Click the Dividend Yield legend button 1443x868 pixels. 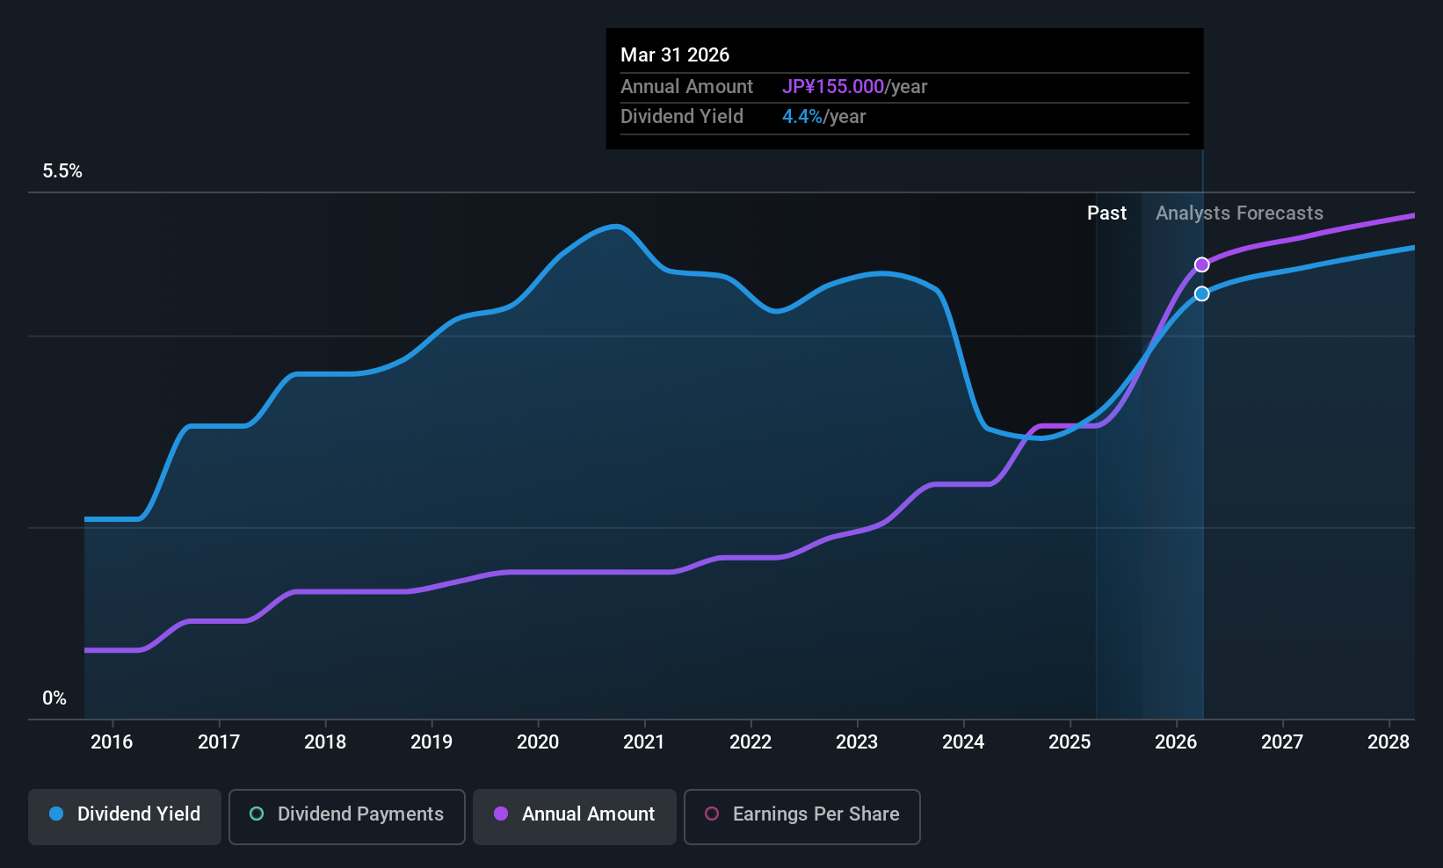125,814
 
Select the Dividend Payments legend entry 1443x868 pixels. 347,814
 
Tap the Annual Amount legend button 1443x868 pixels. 575,814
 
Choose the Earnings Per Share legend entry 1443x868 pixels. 801,814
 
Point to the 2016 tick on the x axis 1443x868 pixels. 112,742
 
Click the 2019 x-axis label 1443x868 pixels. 431,742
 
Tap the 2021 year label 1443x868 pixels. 644,742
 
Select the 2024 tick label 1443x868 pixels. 963,742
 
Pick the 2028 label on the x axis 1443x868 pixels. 1389,742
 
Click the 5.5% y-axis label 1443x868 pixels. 62,171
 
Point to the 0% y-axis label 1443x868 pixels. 54,698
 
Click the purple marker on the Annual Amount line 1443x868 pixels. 1201,265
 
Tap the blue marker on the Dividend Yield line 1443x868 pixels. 1201,293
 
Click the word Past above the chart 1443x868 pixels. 1106,213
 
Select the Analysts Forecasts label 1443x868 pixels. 1239,213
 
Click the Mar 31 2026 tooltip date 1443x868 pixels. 675,55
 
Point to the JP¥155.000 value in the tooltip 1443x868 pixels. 833,87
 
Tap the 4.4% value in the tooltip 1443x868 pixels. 802,117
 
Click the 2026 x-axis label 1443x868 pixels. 1176,742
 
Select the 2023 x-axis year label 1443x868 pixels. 857,742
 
